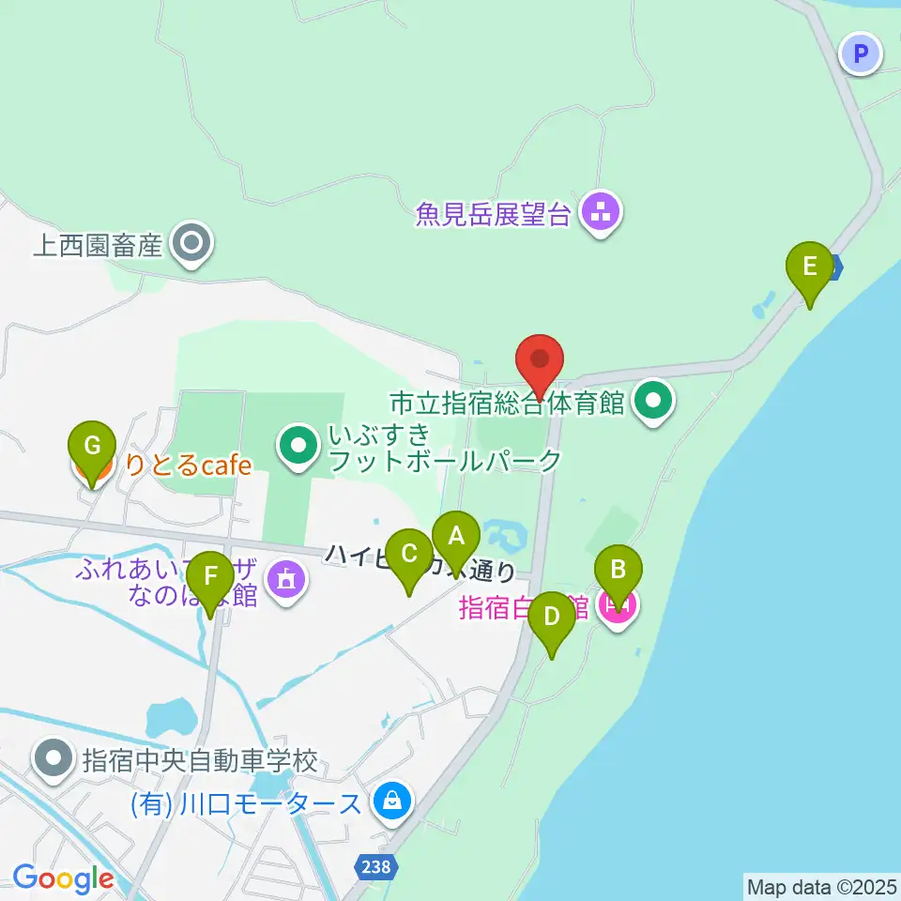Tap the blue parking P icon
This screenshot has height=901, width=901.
pyautogui.click(x=861, y=53)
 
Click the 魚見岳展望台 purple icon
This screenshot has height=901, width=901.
pyautogui.click(x=600, y=211)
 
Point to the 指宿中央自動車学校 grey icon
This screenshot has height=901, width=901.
pyautogui.click(x=54, y=758)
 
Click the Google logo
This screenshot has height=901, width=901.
pyautogui.click(x=63, y=878)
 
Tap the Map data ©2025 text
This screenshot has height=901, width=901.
pyautogui.click(x=821, y=887)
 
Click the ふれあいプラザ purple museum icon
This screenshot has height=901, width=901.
pyautogui.click(x=286, y=578)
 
